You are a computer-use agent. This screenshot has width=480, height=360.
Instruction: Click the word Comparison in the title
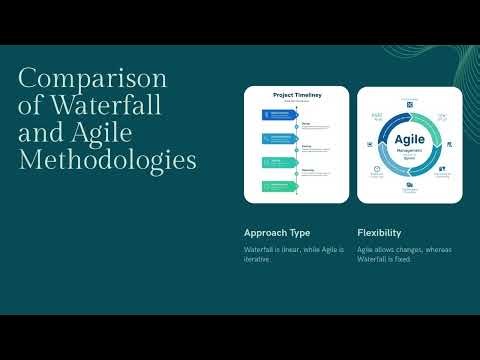[x=93, y=79]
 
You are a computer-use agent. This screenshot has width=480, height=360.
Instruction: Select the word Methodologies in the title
[x=108, y=159]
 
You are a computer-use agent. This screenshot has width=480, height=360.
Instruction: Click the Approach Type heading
[x=277, y=233]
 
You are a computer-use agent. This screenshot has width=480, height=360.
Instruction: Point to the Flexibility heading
[x=379, y=233]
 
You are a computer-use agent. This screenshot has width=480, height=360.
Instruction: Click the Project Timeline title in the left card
[x=297, y=95]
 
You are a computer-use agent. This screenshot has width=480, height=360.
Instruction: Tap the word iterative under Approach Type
[x=256, y=259]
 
